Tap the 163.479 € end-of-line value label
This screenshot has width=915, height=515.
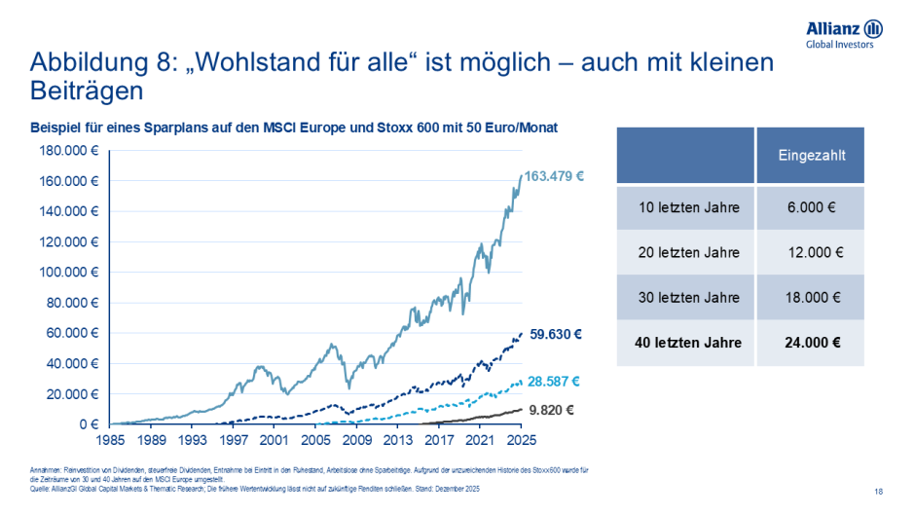[554, 176]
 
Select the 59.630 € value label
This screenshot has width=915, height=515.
[556, 334]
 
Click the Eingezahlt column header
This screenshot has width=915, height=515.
[811, 155]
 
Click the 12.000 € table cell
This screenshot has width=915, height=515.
[811, 252]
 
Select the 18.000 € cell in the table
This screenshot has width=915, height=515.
[811, 298]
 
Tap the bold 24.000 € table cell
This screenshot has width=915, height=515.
[811, 343]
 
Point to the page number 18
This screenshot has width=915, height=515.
[879, 491]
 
